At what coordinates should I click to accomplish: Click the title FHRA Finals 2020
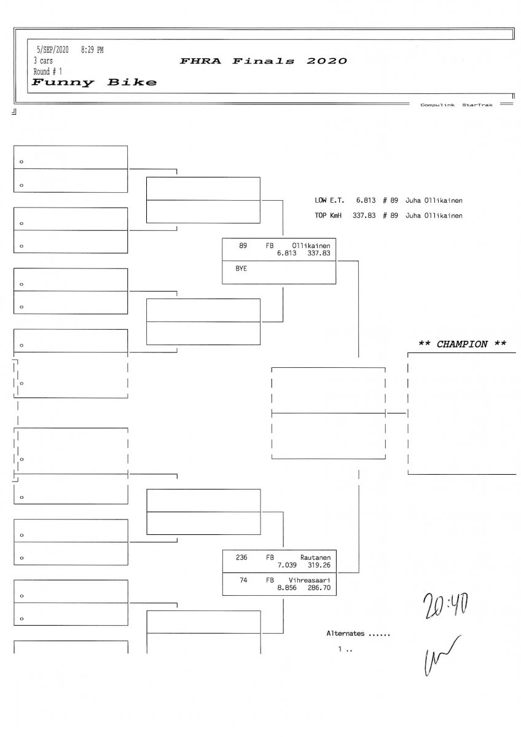(x=264, y=61)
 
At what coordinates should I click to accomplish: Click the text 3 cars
(x=43, y=61)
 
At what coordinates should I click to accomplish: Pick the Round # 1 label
(x=47, y=71)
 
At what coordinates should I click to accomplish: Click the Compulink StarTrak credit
(x=456, y=105)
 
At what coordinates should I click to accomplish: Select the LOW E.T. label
(x=330, y=200)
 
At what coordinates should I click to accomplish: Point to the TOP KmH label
(x=328, y=216)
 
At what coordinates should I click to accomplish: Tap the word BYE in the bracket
(x=241, y=268)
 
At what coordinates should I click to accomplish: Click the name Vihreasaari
(x=309, y=580)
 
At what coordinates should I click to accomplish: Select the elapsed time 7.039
(x=288, y=564)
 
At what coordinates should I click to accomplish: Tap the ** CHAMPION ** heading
(x=462, y=344)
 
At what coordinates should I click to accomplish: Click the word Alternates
(x=345, y=633)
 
